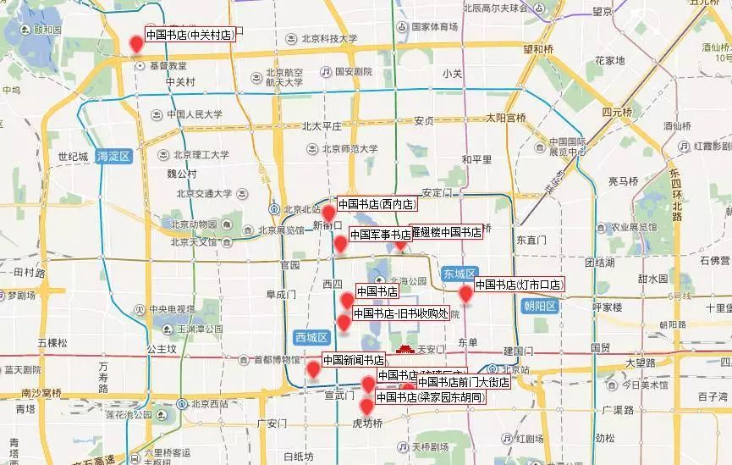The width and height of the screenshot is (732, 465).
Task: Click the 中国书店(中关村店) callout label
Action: point(190,36)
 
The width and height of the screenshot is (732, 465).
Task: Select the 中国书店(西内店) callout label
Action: point(377,204)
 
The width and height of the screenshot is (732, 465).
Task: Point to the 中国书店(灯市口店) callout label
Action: point(519,285)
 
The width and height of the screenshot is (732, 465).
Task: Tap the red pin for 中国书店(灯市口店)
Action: point(465,294)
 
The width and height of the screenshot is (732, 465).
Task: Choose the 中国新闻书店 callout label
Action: point(354,360)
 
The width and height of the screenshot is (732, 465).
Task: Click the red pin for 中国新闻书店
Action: point(313,368)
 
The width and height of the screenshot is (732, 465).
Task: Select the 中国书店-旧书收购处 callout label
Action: point(399,313)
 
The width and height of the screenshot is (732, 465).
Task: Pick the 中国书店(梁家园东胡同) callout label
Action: point(430,397)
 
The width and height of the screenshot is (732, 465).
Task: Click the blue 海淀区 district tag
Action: point(113,157)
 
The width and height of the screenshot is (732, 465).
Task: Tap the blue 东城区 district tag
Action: point(459,273)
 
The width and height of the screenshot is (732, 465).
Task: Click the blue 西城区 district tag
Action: point(311,337)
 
